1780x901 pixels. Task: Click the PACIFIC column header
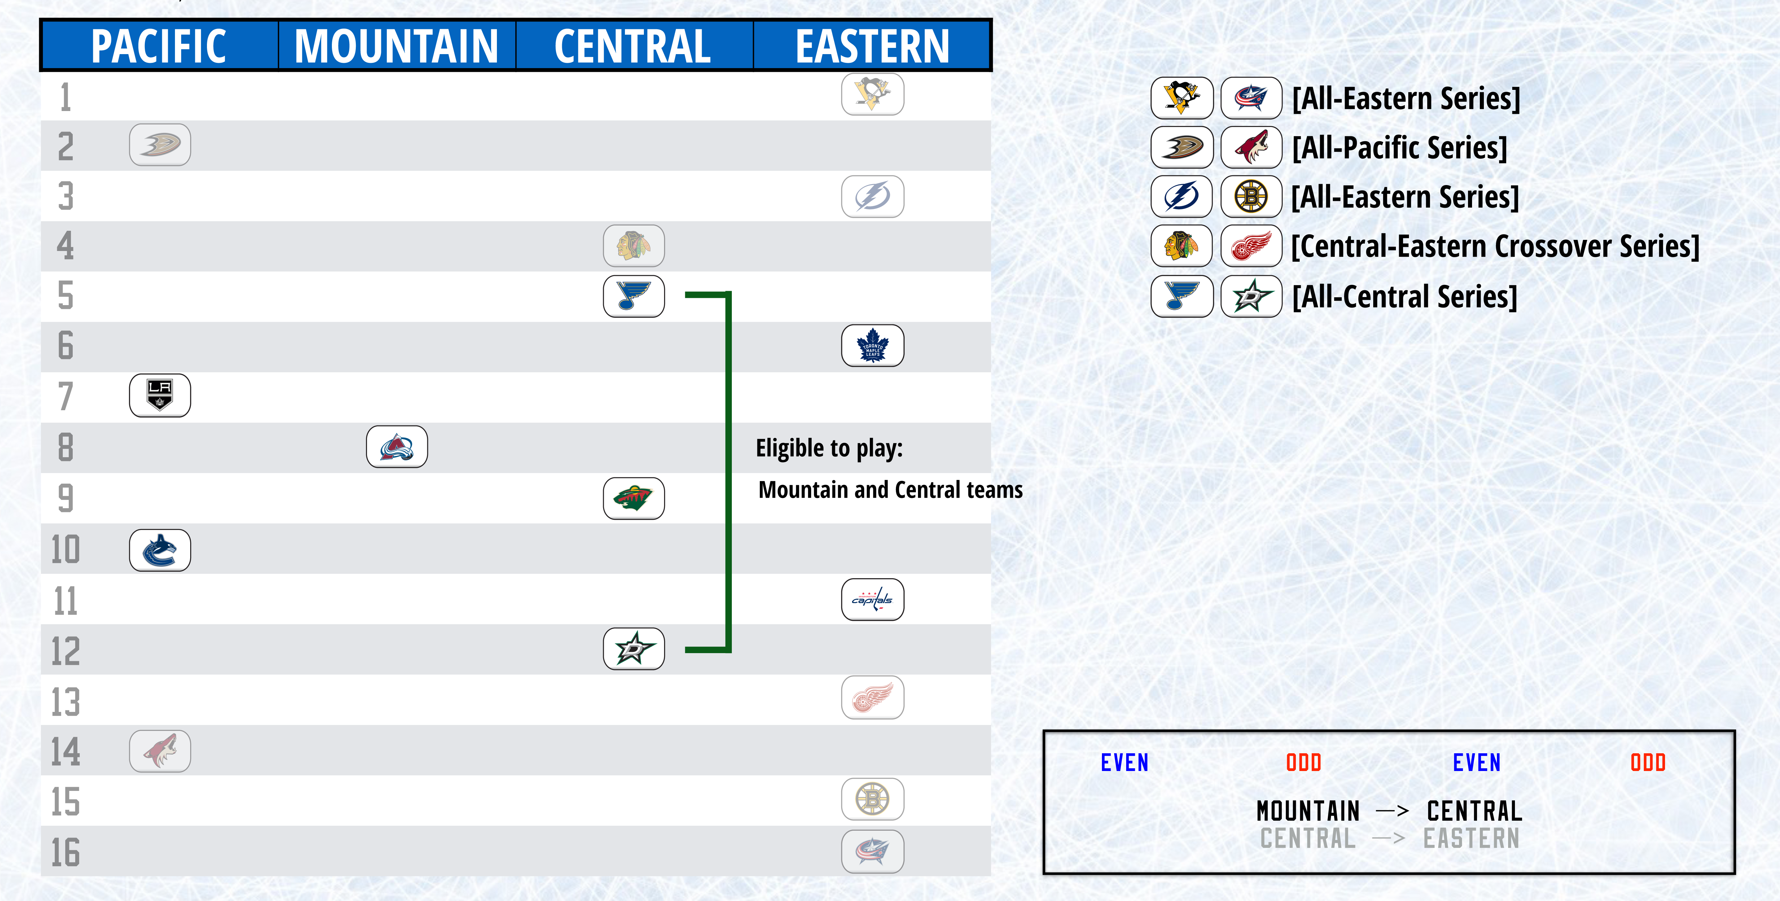coord(159,46)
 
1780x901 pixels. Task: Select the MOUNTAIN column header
coord(397,46)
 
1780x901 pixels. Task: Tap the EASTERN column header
coord(872,46)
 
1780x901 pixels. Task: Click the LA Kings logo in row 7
coord(160,396)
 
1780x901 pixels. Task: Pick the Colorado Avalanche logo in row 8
coord(397,447)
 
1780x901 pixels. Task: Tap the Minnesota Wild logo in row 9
coord(634,498)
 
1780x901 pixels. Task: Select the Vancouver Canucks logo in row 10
coord(160,550)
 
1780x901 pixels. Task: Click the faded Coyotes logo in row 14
coord(160,751)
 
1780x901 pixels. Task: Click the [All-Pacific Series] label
coord(1399,147)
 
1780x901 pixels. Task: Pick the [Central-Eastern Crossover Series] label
coord(1495,246)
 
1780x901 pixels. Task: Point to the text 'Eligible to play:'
coord(829,448)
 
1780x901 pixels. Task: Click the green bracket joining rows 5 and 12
coord(728,471)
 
